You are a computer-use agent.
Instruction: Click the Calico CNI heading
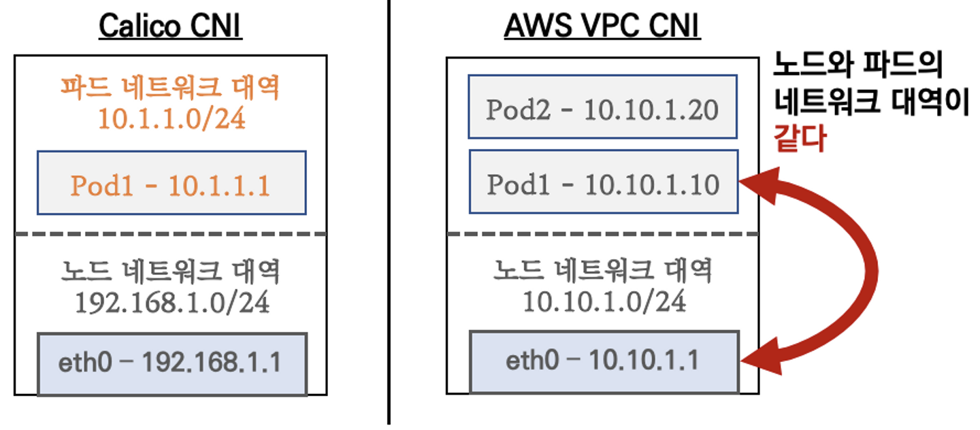[x=170, y=27]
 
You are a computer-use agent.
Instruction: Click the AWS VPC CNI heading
[x=602, y=27]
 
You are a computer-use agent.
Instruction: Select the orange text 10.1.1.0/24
[x=171, y=118]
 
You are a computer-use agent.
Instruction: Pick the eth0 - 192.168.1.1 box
[x=171, y=363]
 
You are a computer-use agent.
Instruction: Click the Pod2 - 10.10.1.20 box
[x=602, y=107]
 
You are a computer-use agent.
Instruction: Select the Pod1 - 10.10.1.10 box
[x=602, y=182]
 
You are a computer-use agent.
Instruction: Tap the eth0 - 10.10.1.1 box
[x=604, y=361]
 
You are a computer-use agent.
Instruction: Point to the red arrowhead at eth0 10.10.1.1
[x=759, y=359]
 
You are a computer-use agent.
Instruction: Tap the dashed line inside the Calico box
[x=171, y=235]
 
